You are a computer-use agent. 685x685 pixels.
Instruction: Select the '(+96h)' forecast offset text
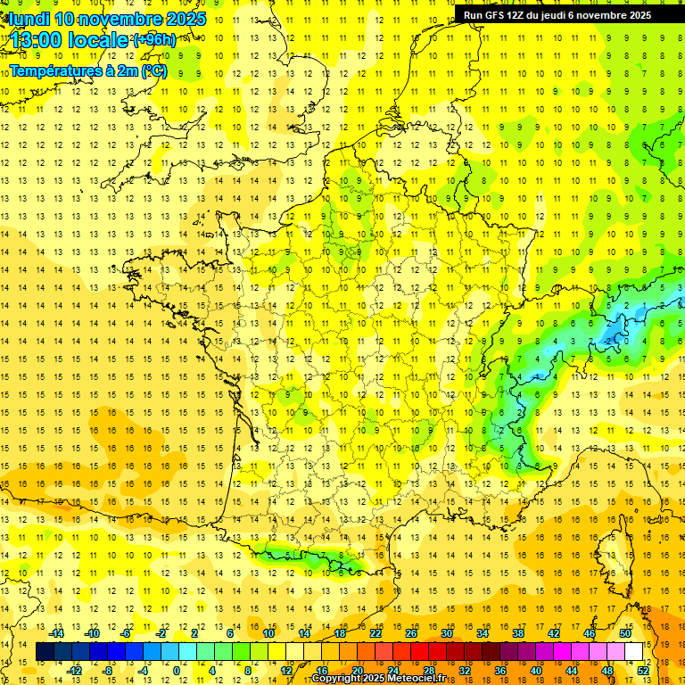(154, 40)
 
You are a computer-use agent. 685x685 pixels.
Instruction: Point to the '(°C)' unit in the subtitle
(153, 71)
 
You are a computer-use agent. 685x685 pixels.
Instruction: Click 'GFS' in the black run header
(500, 15)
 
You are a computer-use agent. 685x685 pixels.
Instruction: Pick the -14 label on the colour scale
(59, 632)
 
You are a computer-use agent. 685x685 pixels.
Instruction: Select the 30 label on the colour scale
(445, 632)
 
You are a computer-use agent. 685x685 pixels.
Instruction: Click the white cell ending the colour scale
(634, 652)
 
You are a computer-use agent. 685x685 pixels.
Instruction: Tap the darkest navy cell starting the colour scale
(45, 652)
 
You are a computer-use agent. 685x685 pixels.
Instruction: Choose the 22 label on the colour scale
(376, 632)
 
